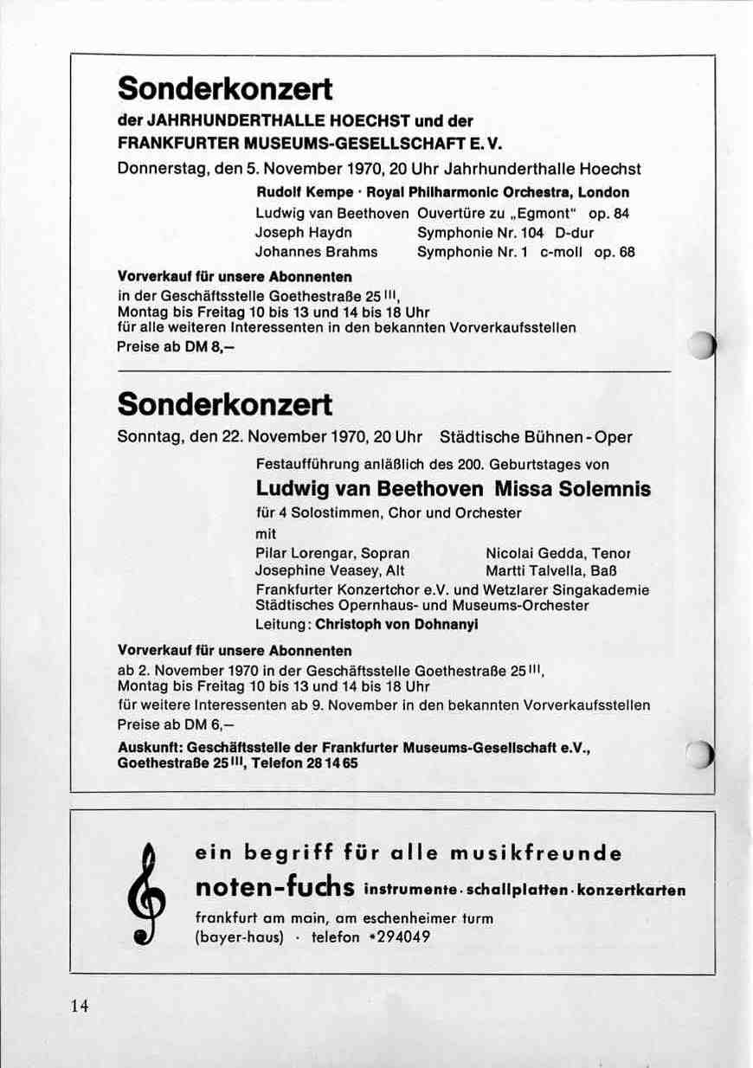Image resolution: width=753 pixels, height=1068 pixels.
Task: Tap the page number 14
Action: tap(80, 1005)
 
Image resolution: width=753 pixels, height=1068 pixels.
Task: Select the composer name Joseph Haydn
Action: tap(304, 232)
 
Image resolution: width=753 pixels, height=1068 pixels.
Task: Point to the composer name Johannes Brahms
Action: tap(317, 252)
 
